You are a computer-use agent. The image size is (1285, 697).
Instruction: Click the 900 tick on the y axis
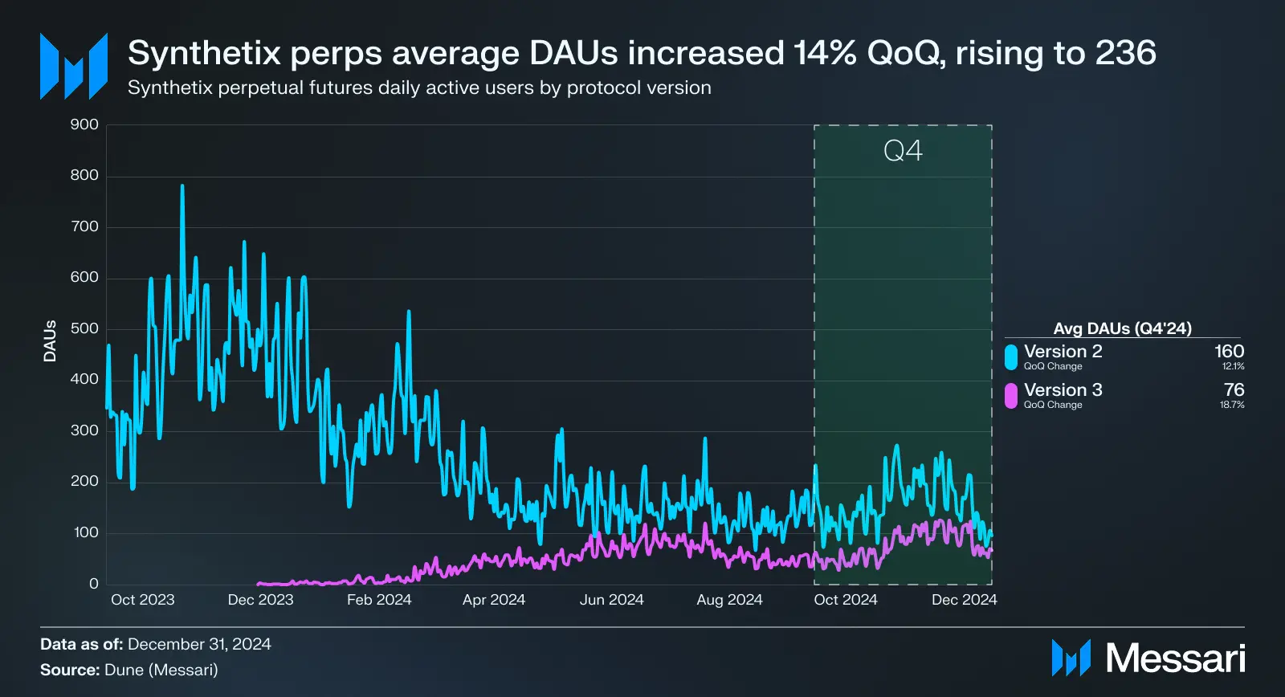coord(84,124)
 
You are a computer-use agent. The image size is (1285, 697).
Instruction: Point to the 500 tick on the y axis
coord(84,328)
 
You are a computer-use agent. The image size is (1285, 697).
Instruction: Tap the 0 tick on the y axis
coord(94,584)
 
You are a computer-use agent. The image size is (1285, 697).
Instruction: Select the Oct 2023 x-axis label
coord(142,600)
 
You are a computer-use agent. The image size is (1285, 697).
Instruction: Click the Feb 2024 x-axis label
coord(379,600)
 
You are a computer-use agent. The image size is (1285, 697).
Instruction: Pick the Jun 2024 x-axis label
coord(612,600)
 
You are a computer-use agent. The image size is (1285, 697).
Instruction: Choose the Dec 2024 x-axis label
coord(964,600)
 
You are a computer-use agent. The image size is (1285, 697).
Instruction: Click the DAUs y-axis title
coord(50,341)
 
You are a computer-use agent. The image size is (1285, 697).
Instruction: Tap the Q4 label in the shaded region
coord(903,151)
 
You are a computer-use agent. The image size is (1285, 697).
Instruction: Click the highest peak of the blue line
coord(182,186)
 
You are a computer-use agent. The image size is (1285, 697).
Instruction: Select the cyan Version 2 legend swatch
coord(1011,357)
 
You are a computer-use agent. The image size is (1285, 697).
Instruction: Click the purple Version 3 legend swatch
coord(1011,395)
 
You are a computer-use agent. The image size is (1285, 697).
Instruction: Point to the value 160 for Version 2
coord(1229,352)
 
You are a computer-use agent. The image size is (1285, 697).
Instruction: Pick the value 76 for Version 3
coord(1234,390)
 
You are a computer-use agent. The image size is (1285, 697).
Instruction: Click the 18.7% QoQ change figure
coord(1232,405)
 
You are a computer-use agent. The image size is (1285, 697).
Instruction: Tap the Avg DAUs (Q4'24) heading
coord(1122,328)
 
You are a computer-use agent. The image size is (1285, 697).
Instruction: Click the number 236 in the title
coord(1126,53)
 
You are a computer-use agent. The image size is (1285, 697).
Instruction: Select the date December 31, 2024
coord(199,644)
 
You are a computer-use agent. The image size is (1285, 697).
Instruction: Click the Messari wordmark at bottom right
coord(1175,658)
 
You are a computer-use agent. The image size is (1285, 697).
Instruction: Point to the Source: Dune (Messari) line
coord(129,670)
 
